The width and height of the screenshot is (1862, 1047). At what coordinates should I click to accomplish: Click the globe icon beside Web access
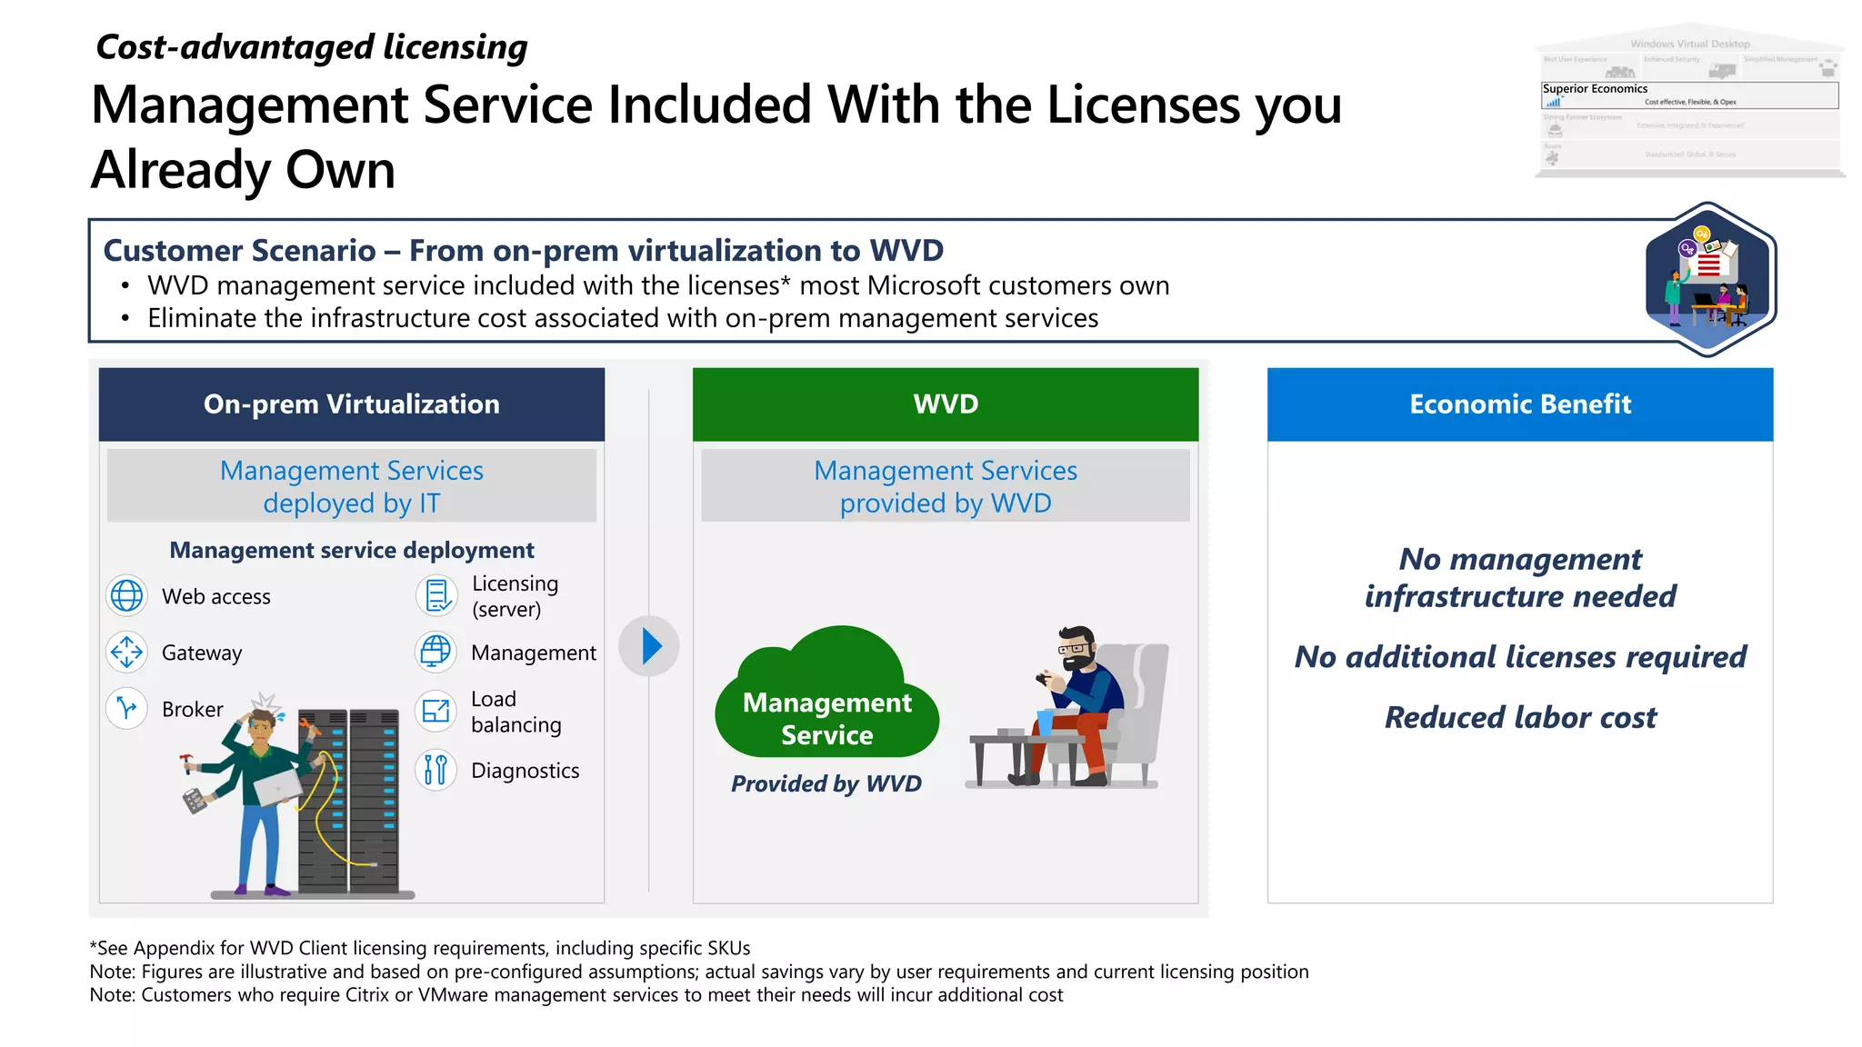pos(126,596)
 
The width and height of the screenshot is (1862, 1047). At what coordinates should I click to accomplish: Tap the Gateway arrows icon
pos(126,652)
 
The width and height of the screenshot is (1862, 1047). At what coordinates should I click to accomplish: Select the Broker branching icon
pos(126,708)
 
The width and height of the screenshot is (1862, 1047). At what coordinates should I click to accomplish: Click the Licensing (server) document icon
pos(436,596)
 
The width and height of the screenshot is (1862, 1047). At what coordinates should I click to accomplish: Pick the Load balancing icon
pos(436,711)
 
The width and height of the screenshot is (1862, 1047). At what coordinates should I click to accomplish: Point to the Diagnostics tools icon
pos(436,770)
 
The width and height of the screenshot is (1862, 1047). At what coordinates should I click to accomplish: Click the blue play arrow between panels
pos(649,646)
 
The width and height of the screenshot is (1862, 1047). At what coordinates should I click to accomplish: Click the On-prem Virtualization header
pos(352,404)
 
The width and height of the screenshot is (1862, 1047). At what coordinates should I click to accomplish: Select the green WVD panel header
pos(946,404)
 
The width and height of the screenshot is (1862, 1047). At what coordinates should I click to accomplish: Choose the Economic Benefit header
pos(1520,404)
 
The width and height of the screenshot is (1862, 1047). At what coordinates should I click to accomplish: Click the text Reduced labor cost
pos(1520,718)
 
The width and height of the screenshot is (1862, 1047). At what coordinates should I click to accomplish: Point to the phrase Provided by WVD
pos(826,783)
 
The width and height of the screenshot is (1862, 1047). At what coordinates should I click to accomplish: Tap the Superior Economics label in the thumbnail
pos(1595,89)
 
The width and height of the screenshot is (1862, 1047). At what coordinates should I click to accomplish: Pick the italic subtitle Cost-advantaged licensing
pos(311,47)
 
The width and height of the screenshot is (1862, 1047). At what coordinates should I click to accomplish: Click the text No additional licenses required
pos(1520,657)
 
